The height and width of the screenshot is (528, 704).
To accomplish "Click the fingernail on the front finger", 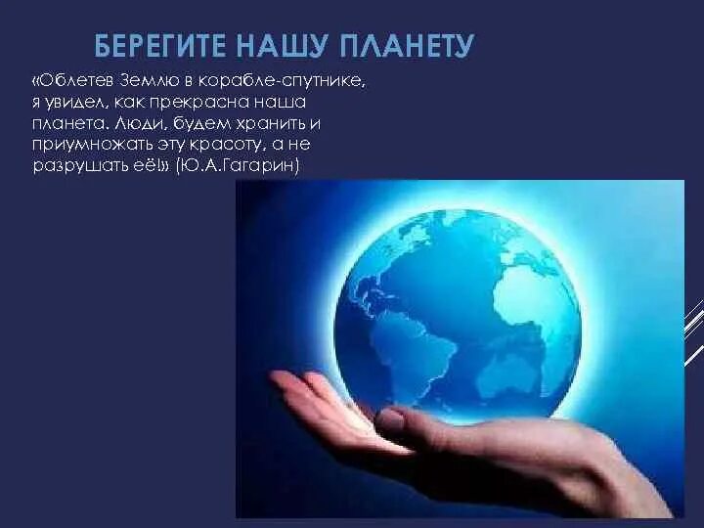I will click(392, 422).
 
